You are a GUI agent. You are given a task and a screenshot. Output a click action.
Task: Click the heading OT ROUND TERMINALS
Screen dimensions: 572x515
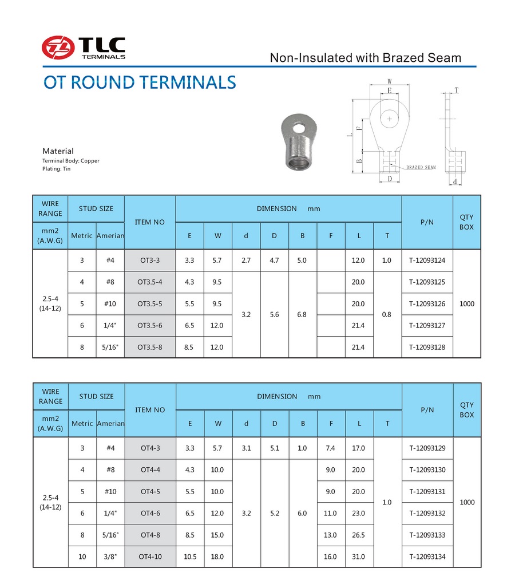pos(140,82)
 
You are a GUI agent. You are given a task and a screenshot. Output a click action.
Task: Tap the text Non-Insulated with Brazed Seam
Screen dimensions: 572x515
pos(365,57)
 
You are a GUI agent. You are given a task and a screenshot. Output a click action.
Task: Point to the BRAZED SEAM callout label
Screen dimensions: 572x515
pos(421,168)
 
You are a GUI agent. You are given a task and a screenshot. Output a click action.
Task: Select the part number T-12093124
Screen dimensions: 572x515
pos(427,261)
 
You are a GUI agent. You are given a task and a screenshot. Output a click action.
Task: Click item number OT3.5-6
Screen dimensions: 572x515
pos(150,325)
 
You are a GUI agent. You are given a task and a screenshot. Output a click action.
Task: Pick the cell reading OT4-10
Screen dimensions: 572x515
pos(150,557)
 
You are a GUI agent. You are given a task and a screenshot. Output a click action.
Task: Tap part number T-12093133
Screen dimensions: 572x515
pos(427,535)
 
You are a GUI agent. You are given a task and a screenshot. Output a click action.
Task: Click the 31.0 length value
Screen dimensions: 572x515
pos(358,557)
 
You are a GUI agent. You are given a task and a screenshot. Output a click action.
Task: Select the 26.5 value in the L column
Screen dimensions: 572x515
pos(358,535)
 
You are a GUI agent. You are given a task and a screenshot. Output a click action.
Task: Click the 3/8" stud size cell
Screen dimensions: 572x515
pos(110,557)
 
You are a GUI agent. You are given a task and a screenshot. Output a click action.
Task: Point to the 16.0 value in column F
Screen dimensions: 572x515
pos(330,557)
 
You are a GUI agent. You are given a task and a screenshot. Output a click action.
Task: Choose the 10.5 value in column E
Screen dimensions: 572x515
pos(189,557)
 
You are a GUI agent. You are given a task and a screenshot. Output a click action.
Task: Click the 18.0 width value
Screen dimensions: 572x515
pos(217,557)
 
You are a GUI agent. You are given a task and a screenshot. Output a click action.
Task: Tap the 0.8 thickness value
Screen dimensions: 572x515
pos(387,314)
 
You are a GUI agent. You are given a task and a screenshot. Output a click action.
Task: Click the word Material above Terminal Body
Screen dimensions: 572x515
pos(58,151)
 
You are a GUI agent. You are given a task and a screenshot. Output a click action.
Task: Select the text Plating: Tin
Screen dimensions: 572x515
pos(57,169)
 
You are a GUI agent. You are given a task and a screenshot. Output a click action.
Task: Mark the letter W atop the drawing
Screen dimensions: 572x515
pos(389,81)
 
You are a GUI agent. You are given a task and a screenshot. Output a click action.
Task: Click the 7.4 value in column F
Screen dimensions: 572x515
pos(330,448)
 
